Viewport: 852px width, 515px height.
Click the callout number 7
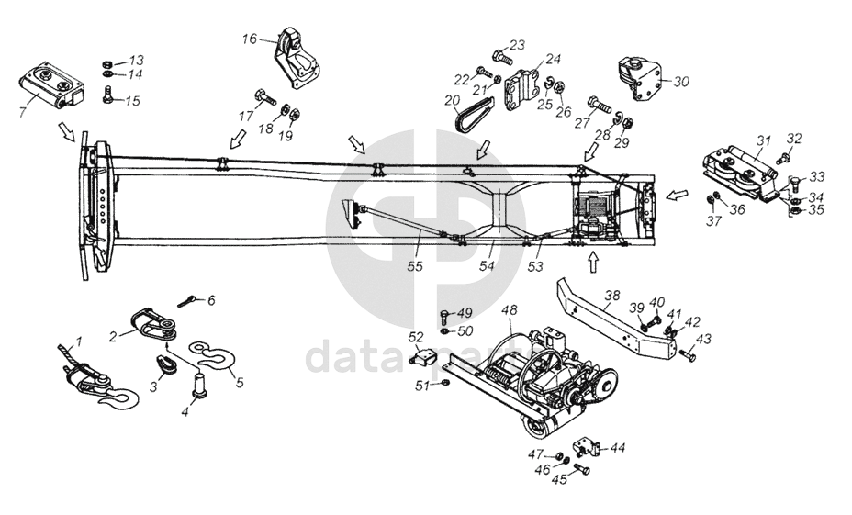point(22,111)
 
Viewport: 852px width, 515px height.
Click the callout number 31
point(764,140)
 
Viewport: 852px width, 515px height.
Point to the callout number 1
point(79,341)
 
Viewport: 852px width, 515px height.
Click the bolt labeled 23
point(499,57)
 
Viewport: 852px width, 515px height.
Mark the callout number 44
point(618,448)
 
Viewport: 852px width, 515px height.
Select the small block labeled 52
point(423,357)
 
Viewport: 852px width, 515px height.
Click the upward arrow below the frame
point(593,263)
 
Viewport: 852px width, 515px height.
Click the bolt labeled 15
point(108,93)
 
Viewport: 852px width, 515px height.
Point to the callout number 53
point(535,266)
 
